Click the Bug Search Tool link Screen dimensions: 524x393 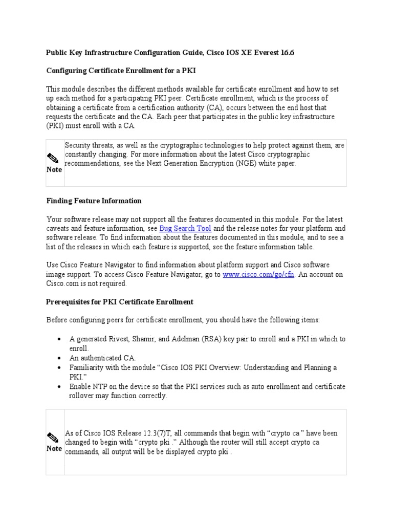coord(178,228)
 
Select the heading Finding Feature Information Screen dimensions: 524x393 coord(94,201)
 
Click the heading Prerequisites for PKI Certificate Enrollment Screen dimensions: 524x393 coord(120,302)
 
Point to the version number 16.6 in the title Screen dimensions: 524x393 coord(287,52)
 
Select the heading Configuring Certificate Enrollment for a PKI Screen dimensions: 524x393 coord(121,71)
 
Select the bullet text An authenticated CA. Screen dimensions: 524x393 coord(102,358)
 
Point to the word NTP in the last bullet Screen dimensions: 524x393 coord(100,386)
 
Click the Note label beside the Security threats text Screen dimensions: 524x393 coord(54,169)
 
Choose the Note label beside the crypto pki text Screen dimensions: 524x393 coord(54,448)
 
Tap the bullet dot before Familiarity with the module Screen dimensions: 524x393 coord(60,367)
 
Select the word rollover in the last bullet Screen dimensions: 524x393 coord(83,396)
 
